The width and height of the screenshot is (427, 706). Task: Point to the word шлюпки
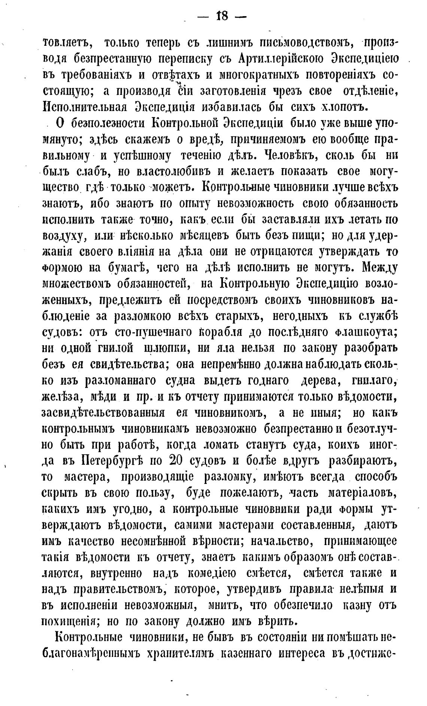(x=166, y=348)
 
